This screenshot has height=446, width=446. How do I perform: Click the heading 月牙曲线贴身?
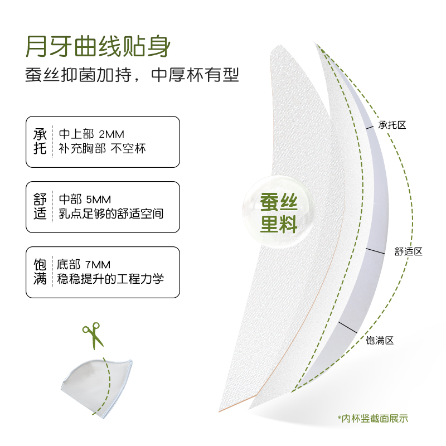click(x=98, y=47)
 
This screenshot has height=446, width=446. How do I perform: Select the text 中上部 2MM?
click(x=91, y=134)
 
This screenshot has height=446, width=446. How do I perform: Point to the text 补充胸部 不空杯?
click(x=102, y=149)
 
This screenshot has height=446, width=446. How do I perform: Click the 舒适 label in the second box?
click(x=40, y=207)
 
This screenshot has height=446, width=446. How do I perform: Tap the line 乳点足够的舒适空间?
click(x=111, y=214)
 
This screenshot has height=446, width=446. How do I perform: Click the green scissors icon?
click(x=92, y=334)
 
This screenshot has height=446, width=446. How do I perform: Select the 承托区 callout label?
click(x=392, y=125)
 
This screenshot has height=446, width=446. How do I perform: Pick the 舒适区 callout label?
click(x=408, y=251)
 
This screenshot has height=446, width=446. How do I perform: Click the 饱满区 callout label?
click(x=380, y=340)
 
